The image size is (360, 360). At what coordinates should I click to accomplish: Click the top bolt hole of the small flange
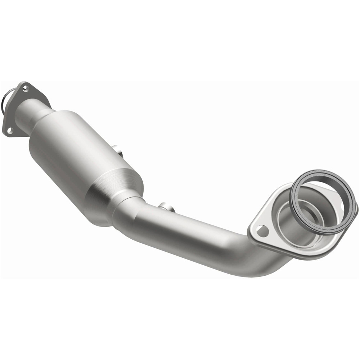25,86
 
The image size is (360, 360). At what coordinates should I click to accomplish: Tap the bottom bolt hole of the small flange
10,130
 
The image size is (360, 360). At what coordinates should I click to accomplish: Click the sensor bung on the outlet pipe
166,208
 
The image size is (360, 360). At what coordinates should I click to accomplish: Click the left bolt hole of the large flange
263,231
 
